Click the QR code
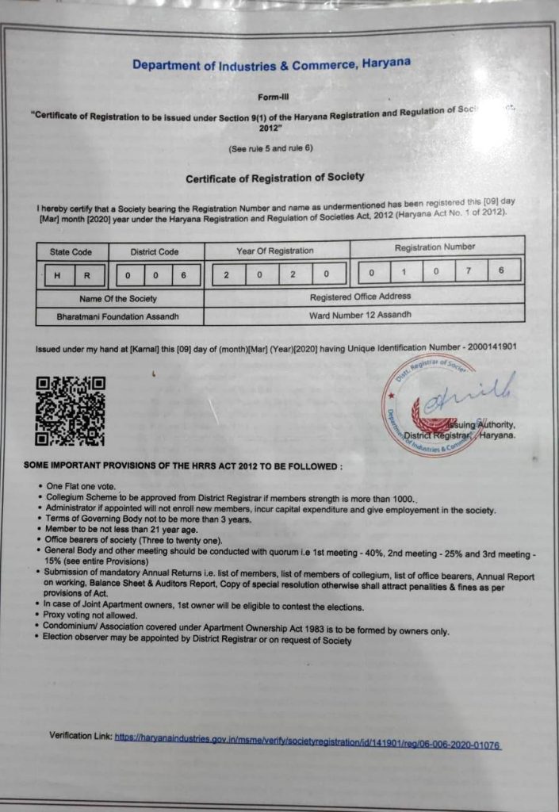[70, 411]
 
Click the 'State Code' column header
[71, 252]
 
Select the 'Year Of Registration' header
[274, 251]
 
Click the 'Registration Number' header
[435, 247]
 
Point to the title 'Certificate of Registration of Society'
[275, 178]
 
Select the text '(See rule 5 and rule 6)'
[271, 149]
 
